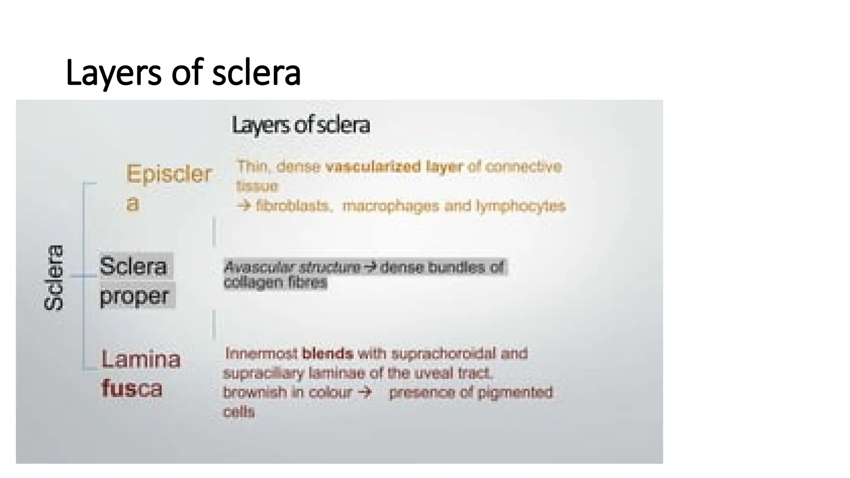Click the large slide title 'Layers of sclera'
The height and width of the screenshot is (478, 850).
click(183, 73)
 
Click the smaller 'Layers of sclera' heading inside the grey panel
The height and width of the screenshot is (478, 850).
click(300, 125)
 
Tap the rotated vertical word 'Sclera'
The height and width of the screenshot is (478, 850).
click(54, 277)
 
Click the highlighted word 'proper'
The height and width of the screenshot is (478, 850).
click(134, 296)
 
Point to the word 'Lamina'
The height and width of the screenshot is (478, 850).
click(141, 359)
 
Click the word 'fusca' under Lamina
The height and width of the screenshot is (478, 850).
click(132, 389)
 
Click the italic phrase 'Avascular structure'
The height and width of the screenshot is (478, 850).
click(292, 267)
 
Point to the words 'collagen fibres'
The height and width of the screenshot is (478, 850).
click(276, 283)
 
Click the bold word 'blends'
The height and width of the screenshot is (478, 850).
click(328, 354)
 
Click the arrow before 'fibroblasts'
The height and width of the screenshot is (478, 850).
click(244, 206)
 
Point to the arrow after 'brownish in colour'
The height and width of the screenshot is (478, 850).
click(364, 392)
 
